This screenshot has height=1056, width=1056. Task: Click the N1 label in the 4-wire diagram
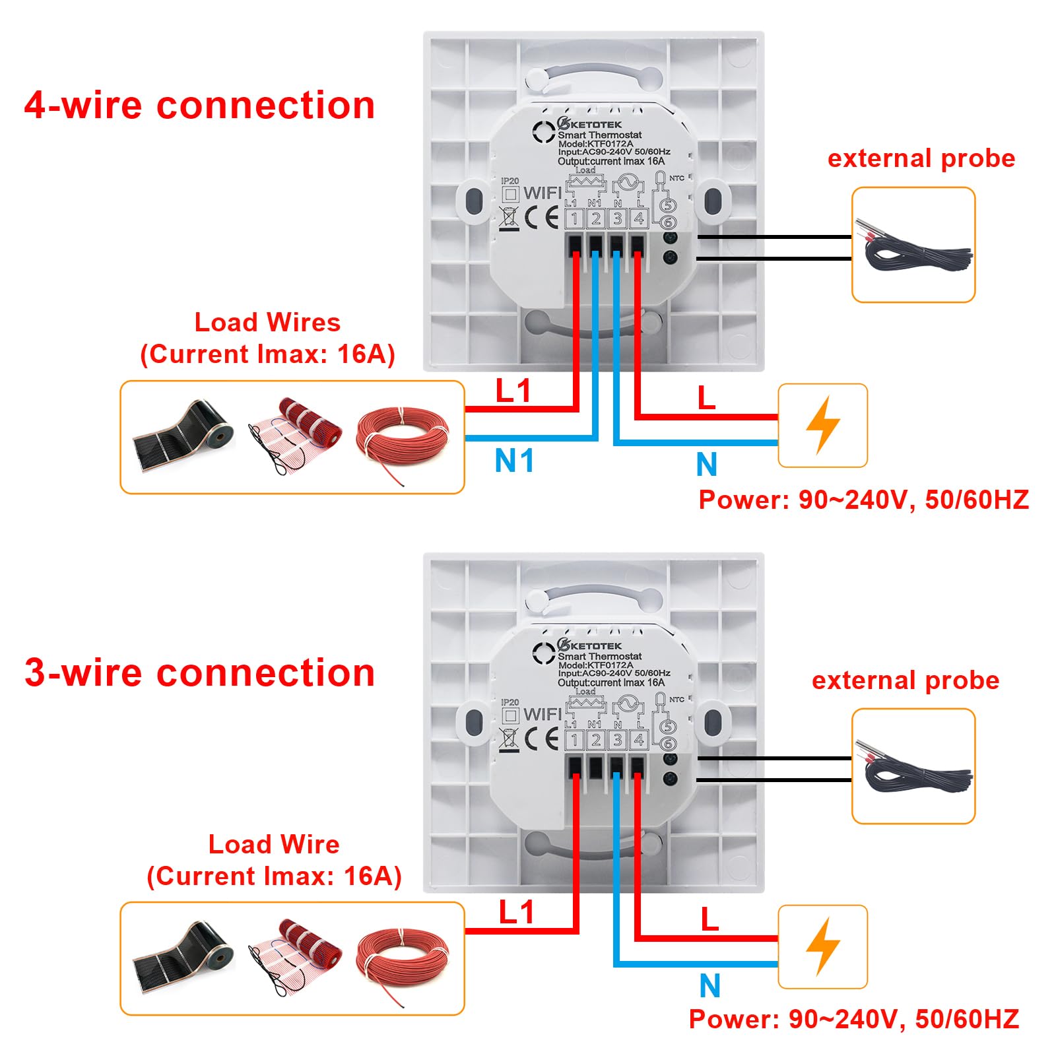click(x=514, y=460)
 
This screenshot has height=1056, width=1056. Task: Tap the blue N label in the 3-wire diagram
click(x=709, y=985)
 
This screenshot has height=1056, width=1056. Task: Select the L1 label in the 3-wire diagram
click(x=516, y=912)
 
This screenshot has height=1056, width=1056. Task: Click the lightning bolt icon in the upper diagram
click(x=823, y=425)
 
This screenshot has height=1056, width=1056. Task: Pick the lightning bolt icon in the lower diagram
click(x=823, y=946)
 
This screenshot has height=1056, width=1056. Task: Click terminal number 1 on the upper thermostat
click(x=574, y=218)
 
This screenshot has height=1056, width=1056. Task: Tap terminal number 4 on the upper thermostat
click(x=638, y=218)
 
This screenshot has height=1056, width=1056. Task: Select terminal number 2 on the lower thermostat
click(x=595, y=740)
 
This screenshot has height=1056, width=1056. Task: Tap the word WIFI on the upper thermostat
click(x=543, y=193)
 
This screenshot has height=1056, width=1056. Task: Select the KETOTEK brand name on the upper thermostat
click(x=595, y=124)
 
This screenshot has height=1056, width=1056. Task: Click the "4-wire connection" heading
click(x=199, y=106)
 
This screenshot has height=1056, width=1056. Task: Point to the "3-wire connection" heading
click(x=199, y=673)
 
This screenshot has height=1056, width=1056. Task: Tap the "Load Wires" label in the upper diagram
click(x=267, y=322)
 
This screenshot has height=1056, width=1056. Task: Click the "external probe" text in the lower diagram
click(x=906, y=680)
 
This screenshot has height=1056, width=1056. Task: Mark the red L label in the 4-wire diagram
click(x=706, y=398)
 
